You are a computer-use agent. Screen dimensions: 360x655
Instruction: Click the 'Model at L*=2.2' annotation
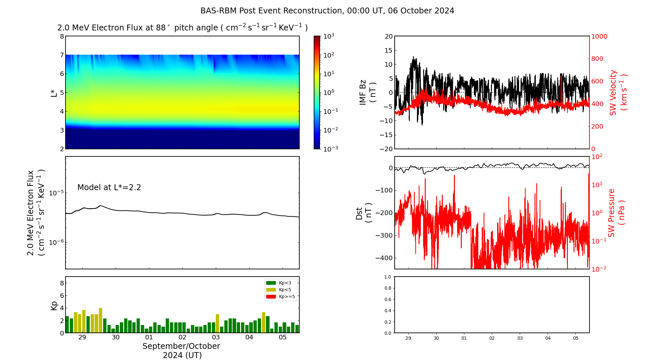click(109, 188)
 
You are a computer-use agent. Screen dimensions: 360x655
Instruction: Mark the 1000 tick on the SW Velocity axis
click(599, 36)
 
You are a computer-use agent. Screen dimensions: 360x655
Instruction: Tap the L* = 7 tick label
click(62, 55)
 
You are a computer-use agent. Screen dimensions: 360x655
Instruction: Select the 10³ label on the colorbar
click(328, 36)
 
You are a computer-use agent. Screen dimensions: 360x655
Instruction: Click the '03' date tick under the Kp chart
click(216, 337)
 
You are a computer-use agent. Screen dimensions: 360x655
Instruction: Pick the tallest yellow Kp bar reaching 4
click(101, 320)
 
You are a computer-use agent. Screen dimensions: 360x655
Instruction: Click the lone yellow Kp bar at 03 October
click(217, 323)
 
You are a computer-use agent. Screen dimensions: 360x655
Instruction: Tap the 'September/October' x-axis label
click(181, 346)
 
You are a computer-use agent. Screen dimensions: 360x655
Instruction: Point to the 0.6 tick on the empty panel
click(387, 299)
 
